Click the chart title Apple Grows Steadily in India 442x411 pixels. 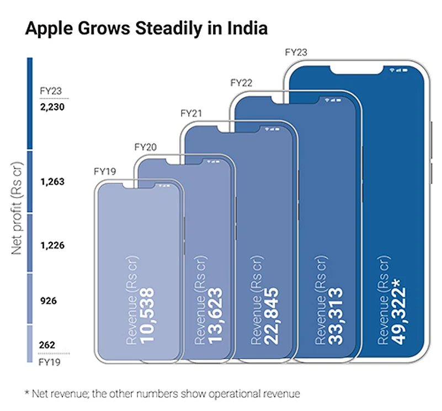point(146,29)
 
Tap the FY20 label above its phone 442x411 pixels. point(146,147)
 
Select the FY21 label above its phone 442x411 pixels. point(191,114)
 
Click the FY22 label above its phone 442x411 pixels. point(241,83)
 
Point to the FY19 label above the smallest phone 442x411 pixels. point(105,171)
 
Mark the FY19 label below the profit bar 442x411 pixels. point(50,363)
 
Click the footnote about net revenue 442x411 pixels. point(162,393)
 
